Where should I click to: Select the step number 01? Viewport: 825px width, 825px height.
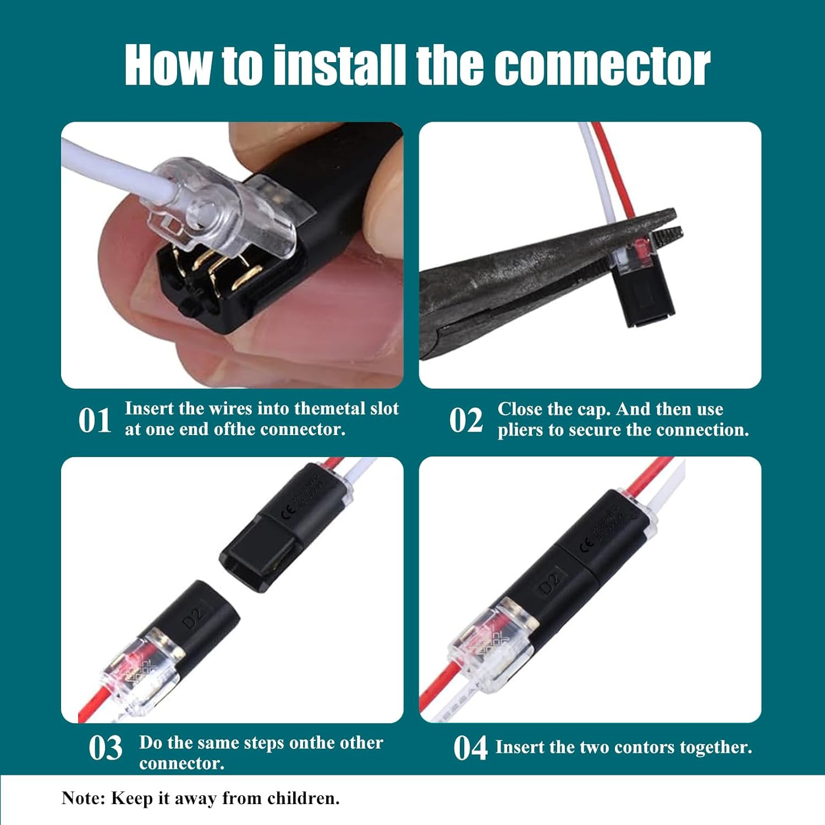tap(95, 421)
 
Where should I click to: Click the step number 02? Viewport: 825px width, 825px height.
tap(466, 421)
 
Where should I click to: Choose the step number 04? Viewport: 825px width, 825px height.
tap(470, 748)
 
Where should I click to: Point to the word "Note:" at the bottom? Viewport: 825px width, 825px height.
tap(83, 798)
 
